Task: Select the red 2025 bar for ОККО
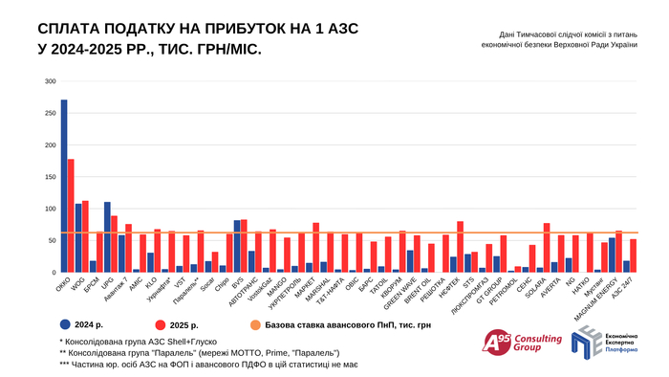click(71, 216)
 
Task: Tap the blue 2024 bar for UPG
click(107, 237)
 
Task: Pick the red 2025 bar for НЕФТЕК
click(461, 247)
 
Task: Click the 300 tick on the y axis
click(50, 81)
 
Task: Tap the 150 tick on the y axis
click(50, 177)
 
